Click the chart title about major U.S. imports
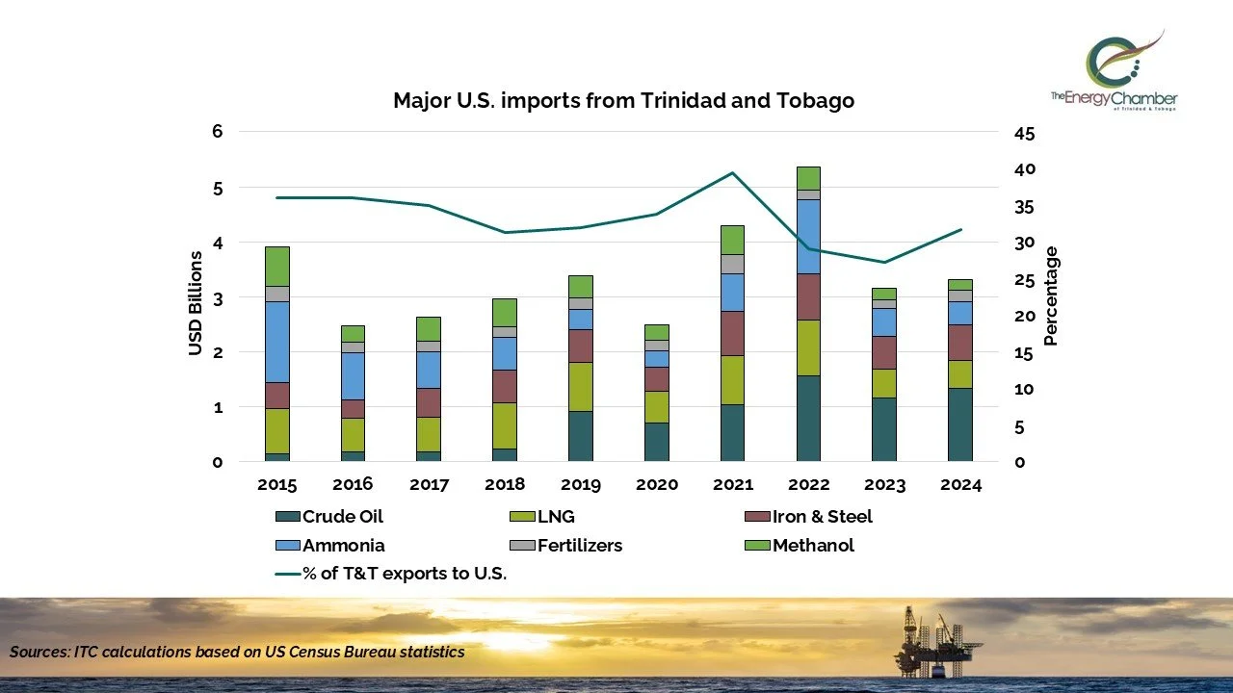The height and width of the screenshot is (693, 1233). point(623,101)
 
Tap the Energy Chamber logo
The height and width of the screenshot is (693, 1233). point(1115,73)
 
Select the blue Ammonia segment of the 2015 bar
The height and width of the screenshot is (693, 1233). point(277,342)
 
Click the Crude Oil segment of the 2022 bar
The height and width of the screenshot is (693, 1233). point(808,418)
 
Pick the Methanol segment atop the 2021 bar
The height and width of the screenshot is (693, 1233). point(732,240)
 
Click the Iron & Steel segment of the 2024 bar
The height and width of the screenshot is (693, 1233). point(959,343)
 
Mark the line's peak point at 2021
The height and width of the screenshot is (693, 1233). point(732,173)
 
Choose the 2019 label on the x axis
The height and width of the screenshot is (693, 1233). point(580,484)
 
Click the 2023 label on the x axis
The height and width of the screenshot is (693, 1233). point(883,484)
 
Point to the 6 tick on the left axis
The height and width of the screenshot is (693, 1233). point(217,133)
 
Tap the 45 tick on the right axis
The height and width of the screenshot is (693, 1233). point(1024,133)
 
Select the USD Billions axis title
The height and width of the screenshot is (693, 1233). point(196,303)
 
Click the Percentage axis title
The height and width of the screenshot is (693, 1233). point(1051,296)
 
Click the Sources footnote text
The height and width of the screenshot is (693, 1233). point(237,652)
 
